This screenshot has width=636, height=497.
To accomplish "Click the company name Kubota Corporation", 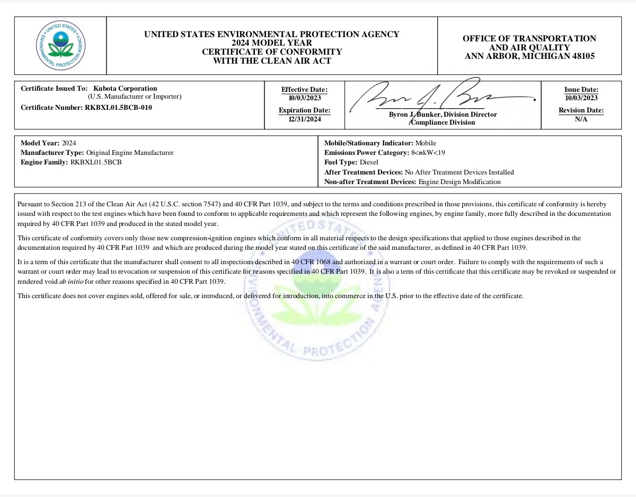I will [x=125, y=89].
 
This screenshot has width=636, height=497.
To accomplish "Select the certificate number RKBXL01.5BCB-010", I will [x=118, y=108].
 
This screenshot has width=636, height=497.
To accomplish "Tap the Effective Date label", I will [x=304, y=90].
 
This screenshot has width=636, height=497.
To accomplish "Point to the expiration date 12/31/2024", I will [x=305, y=119].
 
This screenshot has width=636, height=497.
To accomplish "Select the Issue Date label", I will [x=581, y=90].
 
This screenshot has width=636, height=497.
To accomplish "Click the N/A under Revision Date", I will [x=581, y=119].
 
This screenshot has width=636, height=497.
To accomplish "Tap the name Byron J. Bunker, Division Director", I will [x=443, y=115].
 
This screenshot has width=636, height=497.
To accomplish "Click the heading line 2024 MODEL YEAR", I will [x=272, y=43].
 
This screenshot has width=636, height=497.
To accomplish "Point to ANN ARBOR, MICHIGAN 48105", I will [x=529, y=56].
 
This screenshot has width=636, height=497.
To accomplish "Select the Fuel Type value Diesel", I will [x=369, y=162].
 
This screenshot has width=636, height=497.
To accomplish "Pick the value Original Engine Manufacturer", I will [x=130, y=153].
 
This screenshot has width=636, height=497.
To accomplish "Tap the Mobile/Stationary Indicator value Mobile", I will [x=426, y=143].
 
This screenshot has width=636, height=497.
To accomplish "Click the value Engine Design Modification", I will [x=460, y=182].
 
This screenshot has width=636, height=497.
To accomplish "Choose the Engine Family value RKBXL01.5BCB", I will [x=96, y=162].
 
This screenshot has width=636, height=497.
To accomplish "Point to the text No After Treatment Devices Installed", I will [x=459, y=172].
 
